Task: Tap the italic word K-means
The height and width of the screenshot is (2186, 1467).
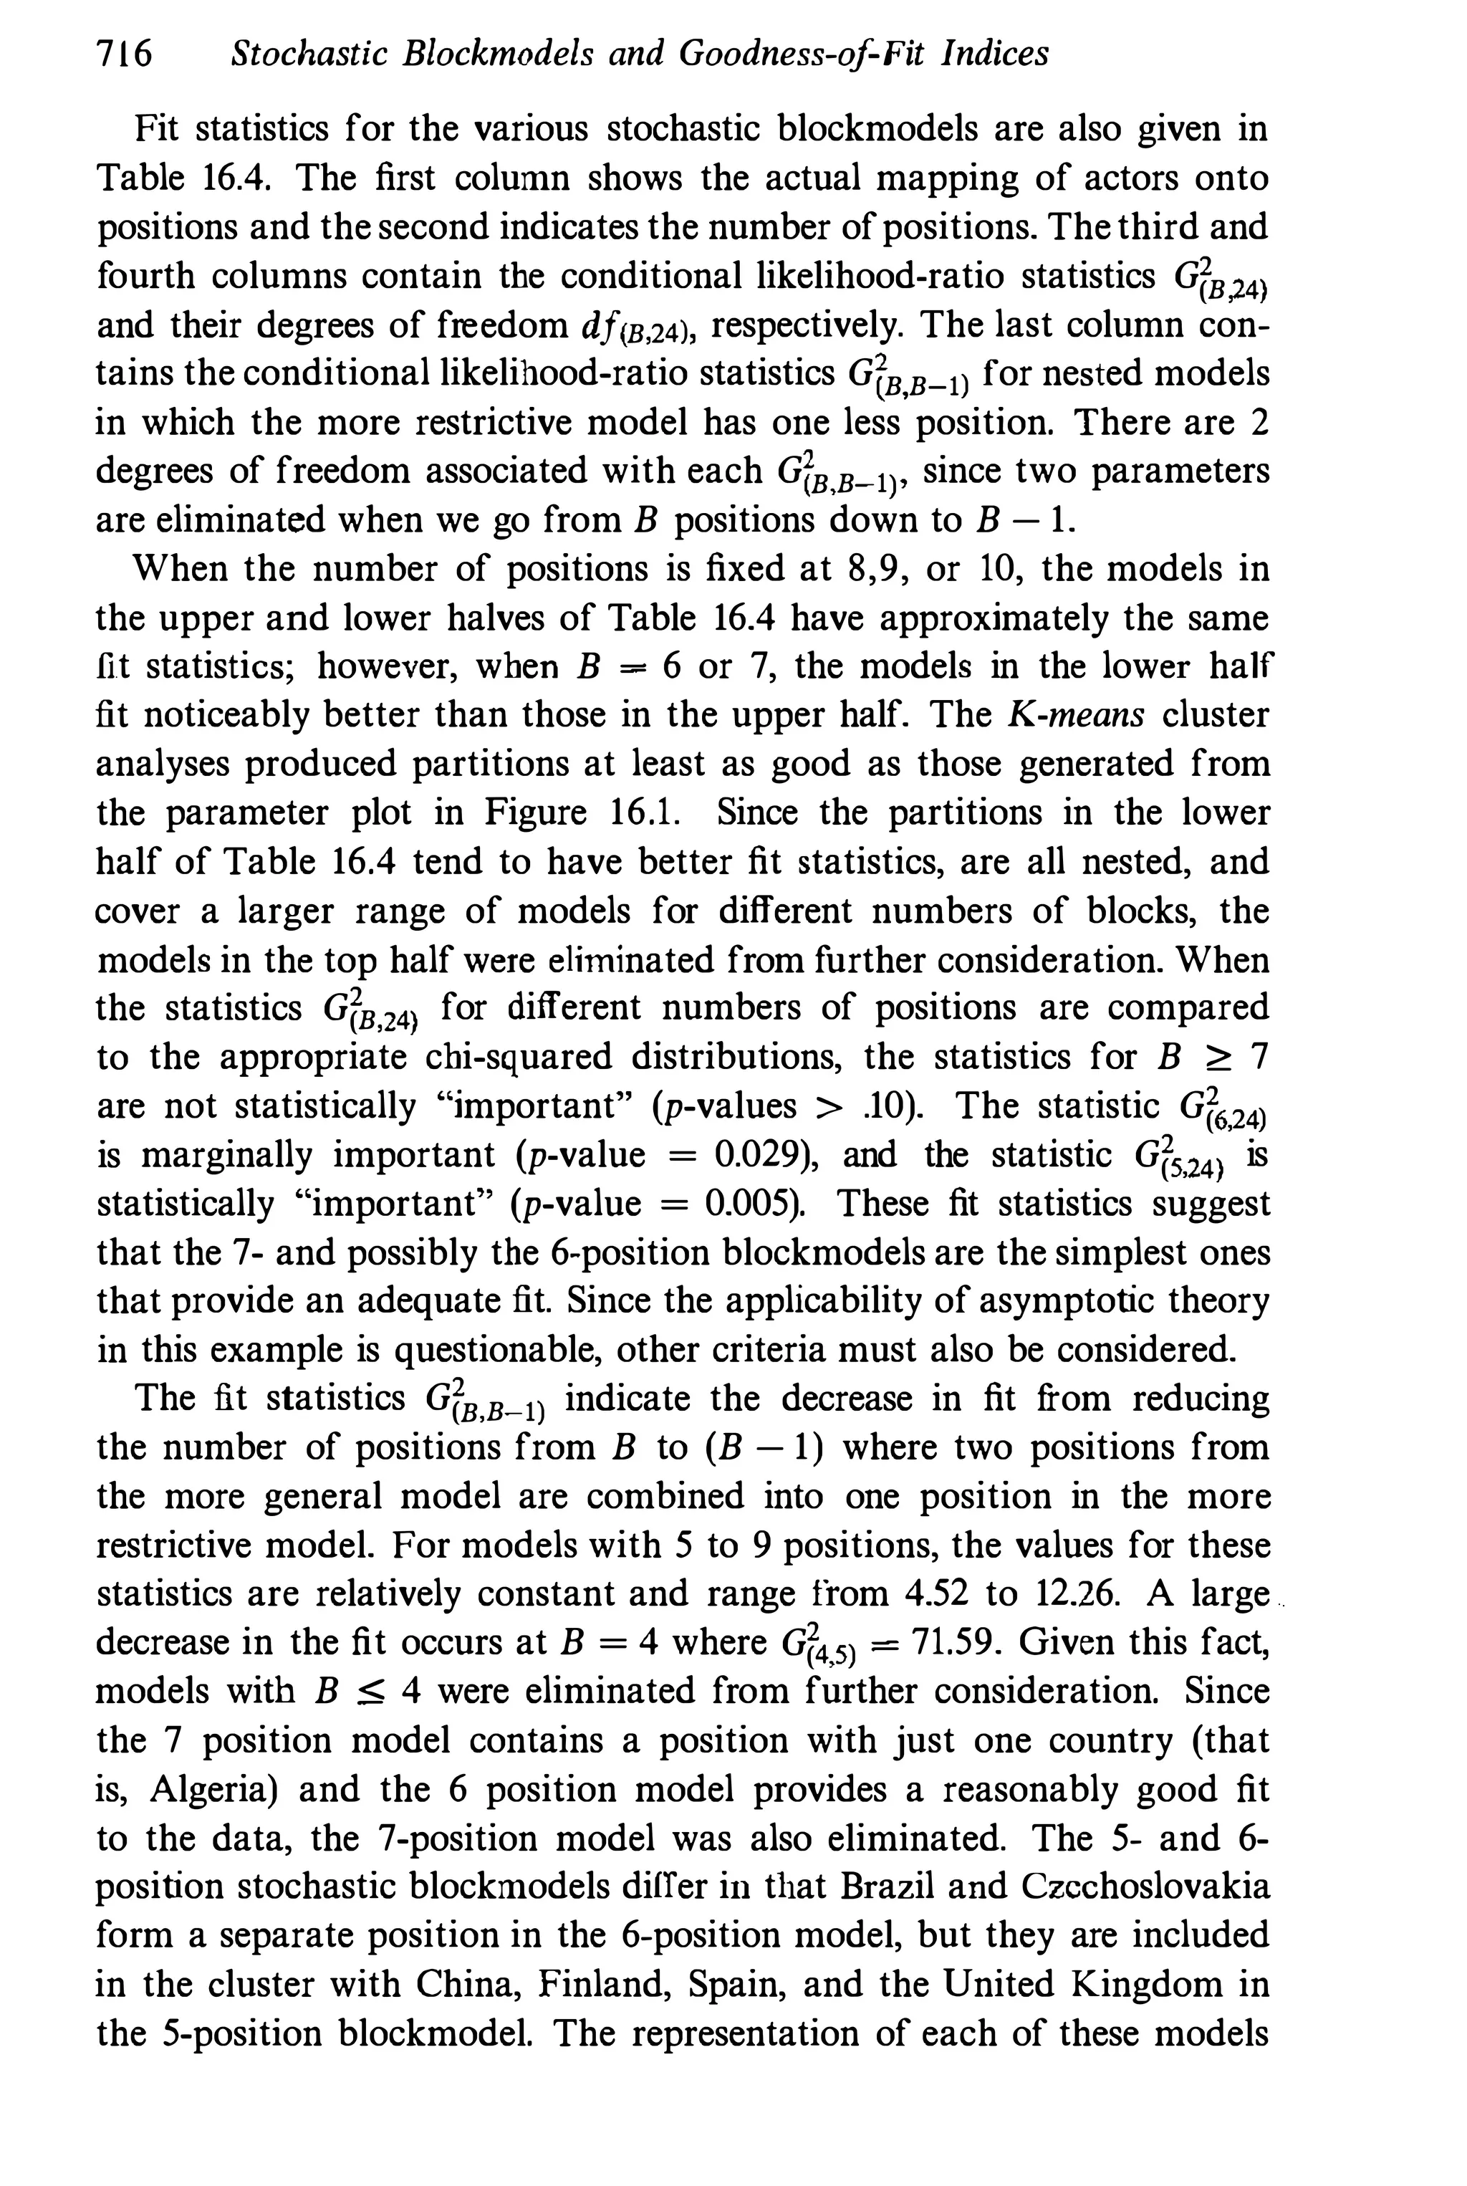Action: click(x=1077, y=715)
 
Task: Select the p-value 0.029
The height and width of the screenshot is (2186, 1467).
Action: click(x=756, y=1155)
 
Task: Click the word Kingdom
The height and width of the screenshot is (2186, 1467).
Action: click(x=1148, y=1984)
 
